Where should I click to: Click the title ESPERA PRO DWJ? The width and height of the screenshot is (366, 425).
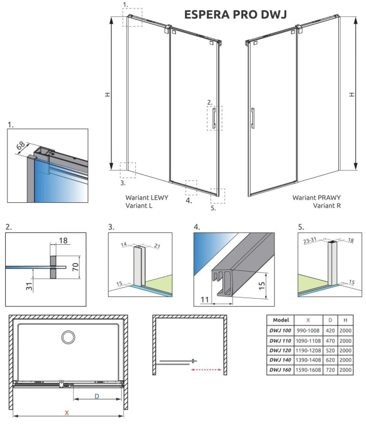click(235, 14)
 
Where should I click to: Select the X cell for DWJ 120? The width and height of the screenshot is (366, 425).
click(308, 350)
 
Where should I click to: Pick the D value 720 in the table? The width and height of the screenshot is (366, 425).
click(330, 369)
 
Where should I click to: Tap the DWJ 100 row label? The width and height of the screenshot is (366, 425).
click(280, 331)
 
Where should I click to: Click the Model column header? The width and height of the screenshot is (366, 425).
click(281, 320)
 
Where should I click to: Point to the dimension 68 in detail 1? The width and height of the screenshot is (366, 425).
click(21, 146)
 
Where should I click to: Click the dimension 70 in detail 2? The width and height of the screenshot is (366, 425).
click(75, 267)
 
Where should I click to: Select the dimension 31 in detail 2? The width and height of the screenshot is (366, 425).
click(29, 286)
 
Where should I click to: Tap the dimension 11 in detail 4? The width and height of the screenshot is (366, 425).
click(205, 300)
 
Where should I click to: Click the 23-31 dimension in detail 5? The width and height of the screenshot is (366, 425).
click(310, 240)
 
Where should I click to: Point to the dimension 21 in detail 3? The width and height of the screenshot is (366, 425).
click(157, 246)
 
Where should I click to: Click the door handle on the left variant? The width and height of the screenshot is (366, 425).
click(214, 118)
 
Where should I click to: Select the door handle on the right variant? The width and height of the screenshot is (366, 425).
click(253, 118)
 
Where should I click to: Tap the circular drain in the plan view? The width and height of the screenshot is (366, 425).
click(68, 337)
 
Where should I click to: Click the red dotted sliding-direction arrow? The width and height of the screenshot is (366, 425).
click(206, 369)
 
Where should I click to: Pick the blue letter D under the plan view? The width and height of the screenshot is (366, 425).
click(97, 396)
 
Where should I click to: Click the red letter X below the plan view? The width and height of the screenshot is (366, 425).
click(67, 413)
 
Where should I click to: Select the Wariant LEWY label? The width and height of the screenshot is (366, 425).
click(147, 198)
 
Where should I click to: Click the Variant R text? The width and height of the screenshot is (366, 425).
click(327, 206)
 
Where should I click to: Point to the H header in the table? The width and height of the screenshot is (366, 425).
click(346, 320)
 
